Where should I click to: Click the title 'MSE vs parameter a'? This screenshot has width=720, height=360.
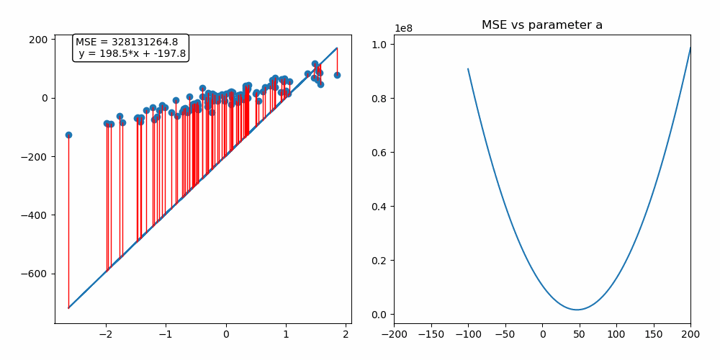coord(541,25)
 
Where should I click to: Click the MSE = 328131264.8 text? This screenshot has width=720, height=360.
coord(127,42)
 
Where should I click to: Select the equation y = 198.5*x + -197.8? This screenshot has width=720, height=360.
coord(132,53)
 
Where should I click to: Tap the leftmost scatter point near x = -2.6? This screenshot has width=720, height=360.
coord(68,135)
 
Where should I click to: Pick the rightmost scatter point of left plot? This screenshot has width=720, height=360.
coord(337,75)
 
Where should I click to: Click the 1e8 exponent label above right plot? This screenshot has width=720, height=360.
coord(404,28)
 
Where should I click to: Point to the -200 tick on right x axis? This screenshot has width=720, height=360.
coord(394,334)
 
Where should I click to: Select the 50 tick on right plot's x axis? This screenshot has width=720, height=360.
coord(580,334)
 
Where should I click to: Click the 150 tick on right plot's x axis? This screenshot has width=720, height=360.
coord(654,334)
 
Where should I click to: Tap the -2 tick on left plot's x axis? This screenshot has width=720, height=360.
coord(106,334)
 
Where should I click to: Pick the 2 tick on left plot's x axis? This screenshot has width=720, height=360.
coord(346,334)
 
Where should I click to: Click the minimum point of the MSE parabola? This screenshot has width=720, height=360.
coord(577,310)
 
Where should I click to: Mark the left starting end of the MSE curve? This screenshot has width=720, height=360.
coord(468,69)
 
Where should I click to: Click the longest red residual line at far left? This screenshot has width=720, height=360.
coord(68,223)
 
